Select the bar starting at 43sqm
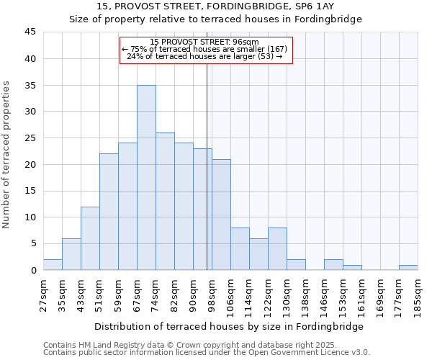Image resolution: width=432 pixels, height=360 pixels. coord(90,238)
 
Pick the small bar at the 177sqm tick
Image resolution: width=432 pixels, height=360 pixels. coord(408,267)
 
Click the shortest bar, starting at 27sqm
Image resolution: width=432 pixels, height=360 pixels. coord(53,264)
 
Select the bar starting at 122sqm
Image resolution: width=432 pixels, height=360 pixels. coord(277,249)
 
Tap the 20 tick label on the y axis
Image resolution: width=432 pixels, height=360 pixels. coord(30,164)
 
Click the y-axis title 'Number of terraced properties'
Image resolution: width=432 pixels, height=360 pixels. coord(6,155)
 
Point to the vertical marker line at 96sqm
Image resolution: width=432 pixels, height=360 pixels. coord(207,180)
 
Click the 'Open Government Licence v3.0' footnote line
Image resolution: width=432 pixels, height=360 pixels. coord(207,352)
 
